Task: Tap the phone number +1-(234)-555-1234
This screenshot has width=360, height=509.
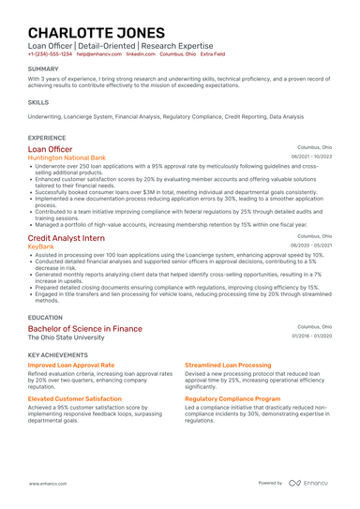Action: [x=49, y=54]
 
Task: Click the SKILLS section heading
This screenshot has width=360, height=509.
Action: [x=38, y=101]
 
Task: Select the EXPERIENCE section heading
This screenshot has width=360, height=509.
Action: [x=47, y=137]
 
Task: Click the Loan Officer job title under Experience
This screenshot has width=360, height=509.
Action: [x=50, y=149]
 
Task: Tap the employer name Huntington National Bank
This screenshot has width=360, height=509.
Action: [x=67, y=158]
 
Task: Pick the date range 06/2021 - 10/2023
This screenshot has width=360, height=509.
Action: [x=312, y=157]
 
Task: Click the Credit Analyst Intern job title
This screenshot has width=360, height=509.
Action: [x=66, y=238]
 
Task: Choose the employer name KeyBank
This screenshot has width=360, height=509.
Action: [x=42, y=247]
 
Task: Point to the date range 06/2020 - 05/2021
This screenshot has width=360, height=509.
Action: [x=312, y=246]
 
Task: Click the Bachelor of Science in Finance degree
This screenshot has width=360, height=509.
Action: [x=84, y=329]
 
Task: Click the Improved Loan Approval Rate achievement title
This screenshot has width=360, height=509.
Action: [x=71, y=365]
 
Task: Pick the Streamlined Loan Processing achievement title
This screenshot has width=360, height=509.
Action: [x=228, y=365]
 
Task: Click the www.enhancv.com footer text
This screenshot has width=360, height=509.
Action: [x=46, y=483]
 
